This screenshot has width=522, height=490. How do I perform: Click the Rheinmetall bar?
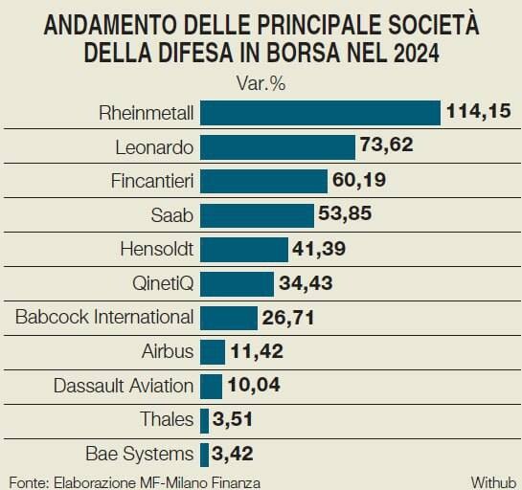click(320, 113)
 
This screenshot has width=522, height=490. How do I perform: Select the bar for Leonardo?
click(278, 147)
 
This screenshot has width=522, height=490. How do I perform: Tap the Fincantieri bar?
click(263, 181)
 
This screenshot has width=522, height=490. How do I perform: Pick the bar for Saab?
click(257, 215)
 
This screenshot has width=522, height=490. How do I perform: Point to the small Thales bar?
click(204, 420)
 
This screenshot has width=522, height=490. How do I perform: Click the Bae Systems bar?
click(204, 455)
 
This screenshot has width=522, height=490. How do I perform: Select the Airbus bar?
click(213, 352)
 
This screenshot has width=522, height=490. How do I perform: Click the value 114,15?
click(478, 111)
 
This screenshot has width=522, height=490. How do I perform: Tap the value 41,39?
click(319, 249)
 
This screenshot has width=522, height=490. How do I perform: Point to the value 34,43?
click(306, 283)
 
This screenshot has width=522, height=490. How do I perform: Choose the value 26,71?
click(288, 318)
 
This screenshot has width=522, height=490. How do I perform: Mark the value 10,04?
click(254, 385)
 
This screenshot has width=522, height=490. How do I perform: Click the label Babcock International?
click(104, 317)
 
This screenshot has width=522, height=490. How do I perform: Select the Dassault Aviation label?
click(124, 386)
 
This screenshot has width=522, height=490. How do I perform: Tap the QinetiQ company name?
click(163, 283)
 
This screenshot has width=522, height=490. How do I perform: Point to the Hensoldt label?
click(157, 249)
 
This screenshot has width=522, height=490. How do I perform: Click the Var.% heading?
click(261, 83)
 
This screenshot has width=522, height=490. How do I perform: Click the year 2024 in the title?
click(416, 54)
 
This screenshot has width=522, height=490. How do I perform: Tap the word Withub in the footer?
click(493, 482)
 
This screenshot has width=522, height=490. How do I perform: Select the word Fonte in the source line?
click(30, 482)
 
